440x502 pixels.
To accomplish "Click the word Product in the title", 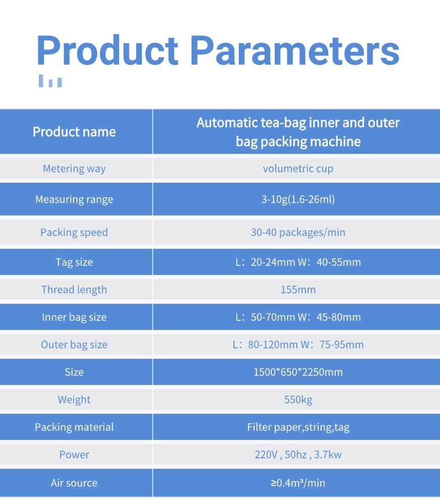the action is pyautogui.click(x=107, y=50).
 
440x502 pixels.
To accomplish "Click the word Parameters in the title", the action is pyautogui.click(x=295, y=50).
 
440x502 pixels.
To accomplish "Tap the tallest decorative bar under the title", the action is pyautogui.click(x=41, y=81).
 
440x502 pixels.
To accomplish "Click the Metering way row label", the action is pyautogui.click(x=74, y=169).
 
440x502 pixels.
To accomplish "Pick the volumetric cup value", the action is pyautogui.click(x=298, y=169).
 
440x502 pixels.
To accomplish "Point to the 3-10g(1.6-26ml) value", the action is pyautogui.click(x=298, y=199).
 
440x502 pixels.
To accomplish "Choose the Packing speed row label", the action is pyautogui.click(x=74, y=233).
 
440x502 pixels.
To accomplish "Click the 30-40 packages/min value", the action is pyautogui.click(x=298, y=233).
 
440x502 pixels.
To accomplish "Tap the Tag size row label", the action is pyautogui.click(x=74, y=262).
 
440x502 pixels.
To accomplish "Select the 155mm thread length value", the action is pyautogui.click(x=298, y=290).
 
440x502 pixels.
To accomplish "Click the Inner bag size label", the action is pyautogui.click(x=74, y=317).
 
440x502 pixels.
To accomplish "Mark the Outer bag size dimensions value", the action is pyautogui.click(x=298, y=345).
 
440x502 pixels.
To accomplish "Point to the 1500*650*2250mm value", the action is pyautogui.click(x=298, y=372).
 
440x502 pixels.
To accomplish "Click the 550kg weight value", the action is pyautogui.click(x=298, y=400).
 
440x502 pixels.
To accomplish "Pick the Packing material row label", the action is pyautogui.click(x=74, y=427).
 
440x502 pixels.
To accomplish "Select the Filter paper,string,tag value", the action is pyautogui.click(x=298, y=427).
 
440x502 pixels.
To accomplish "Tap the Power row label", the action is pyautogui.click(x=74, y=455).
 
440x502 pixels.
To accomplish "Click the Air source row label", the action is pyautogui.click(x=74, y=483).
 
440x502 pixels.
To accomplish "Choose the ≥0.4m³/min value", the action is pyautogui.click(x=298, y=483).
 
